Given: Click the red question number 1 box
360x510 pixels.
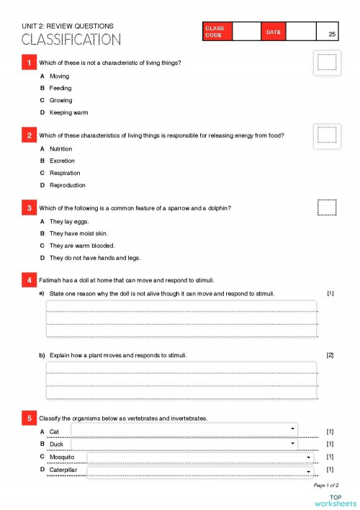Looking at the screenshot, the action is pyautogui.click(x=29, y=63).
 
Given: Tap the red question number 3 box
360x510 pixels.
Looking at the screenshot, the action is pyautogui.click(x=29, y=208).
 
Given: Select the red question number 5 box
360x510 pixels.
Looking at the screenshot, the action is pyautogui.click(x=29, y=418).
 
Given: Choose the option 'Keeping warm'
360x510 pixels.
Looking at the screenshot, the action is pyautogui.click(x=69, y=112).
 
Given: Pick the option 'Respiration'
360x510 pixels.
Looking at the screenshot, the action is pyautogui.click(x=65, y=173).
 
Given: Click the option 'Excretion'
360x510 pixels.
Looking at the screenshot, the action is pyautogui.click(x=62, y=161).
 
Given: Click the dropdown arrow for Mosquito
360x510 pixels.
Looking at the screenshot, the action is pyautogui.click(x=309, y=457).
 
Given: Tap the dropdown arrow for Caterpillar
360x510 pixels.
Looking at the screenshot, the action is pyautogui.click(x=309, y=472).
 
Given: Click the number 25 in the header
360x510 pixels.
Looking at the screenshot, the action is pyautogui.click(x=331, y=34).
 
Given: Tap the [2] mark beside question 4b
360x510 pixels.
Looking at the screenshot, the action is pyautogui.click(x=330, y=355).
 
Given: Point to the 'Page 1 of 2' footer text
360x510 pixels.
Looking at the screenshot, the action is pyautogui.click(x=326, y=486).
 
